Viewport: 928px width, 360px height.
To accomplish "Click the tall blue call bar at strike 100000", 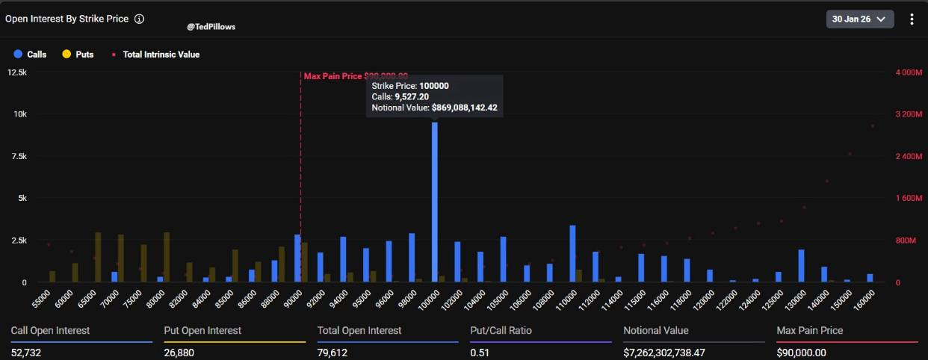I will [x=434, y=202].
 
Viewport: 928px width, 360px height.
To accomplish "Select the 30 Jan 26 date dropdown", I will [x=859, y=19].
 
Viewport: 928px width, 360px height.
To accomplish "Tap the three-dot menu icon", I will [x=912, y=19].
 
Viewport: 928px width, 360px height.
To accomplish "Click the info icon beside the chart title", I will [x=139, y=19].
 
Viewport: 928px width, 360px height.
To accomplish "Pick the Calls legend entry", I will [x=30, y=55].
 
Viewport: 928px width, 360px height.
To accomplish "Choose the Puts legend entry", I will [x=78, y=55].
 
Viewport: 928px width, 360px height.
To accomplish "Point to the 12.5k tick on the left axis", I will [x=17, y=72].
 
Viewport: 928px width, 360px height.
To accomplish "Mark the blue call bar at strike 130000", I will [x=801, y=266].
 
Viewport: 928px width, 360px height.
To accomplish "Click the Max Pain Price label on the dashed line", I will [x=356, y=76].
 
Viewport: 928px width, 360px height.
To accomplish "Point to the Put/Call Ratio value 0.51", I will [x=479, y=352].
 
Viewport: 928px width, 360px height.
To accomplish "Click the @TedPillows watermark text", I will [x=211, y=26].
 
